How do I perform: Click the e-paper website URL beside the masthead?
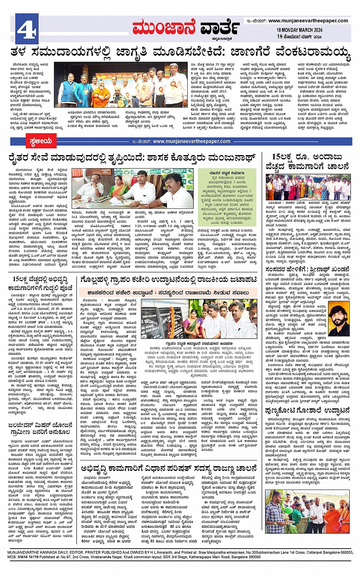308,21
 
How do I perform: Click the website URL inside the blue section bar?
192,141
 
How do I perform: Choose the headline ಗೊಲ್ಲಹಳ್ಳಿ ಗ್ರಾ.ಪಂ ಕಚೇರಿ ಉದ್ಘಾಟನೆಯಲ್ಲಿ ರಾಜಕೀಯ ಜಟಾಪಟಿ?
169,280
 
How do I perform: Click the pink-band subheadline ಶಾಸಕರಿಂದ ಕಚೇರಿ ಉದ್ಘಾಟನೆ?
169,292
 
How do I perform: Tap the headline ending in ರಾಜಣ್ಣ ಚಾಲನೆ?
169,469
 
